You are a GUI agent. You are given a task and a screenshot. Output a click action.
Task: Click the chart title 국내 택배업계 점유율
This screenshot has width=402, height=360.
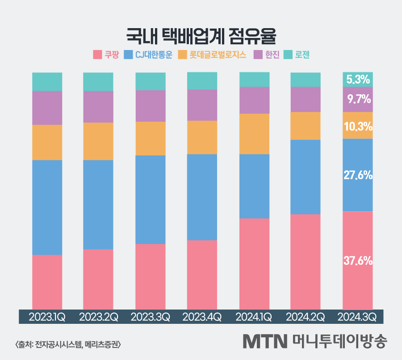tap(201, 35)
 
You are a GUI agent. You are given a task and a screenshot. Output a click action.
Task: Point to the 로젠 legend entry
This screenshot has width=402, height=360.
tap(297, 55)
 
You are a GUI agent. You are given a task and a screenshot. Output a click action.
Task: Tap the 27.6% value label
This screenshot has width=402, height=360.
tap(358, 176)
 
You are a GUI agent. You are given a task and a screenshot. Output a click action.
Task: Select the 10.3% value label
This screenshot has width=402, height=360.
tap(358, 126)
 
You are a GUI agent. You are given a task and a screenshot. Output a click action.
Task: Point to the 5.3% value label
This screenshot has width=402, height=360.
tap(358, 80)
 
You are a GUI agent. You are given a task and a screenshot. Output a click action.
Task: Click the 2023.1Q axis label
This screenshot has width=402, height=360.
tap(47, 317)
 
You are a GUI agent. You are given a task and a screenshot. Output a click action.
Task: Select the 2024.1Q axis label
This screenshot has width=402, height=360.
tap(254, 317)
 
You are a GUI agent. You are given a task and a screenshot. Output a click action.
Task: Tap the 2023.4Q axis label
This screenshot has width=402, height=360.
tap(202, 317)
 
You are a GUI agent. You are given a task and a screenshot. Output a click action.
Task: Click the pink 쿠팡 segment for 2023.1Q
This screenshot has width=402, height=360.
tap(47, 281)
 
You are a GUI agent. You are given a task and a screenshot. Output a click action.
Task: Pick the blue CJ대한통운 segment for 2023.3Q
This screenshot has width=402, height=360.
tap(151, 199)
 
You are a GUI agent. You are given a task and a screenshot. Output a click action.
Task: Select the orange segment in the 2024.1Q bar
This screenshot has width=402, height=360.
tap(254, 134)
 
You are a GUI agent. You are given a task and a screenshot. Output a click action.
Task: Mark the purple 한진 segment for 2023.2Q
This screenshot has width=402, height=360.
tap(98, 107)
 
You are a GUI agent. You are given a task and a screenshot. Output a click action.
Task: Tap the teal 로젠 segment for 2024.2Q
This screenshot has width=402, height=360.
tap(306, 80)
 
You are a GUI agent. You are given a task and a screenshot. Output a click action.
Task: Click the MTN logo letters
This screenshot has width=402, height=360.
tap(264, 342)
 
